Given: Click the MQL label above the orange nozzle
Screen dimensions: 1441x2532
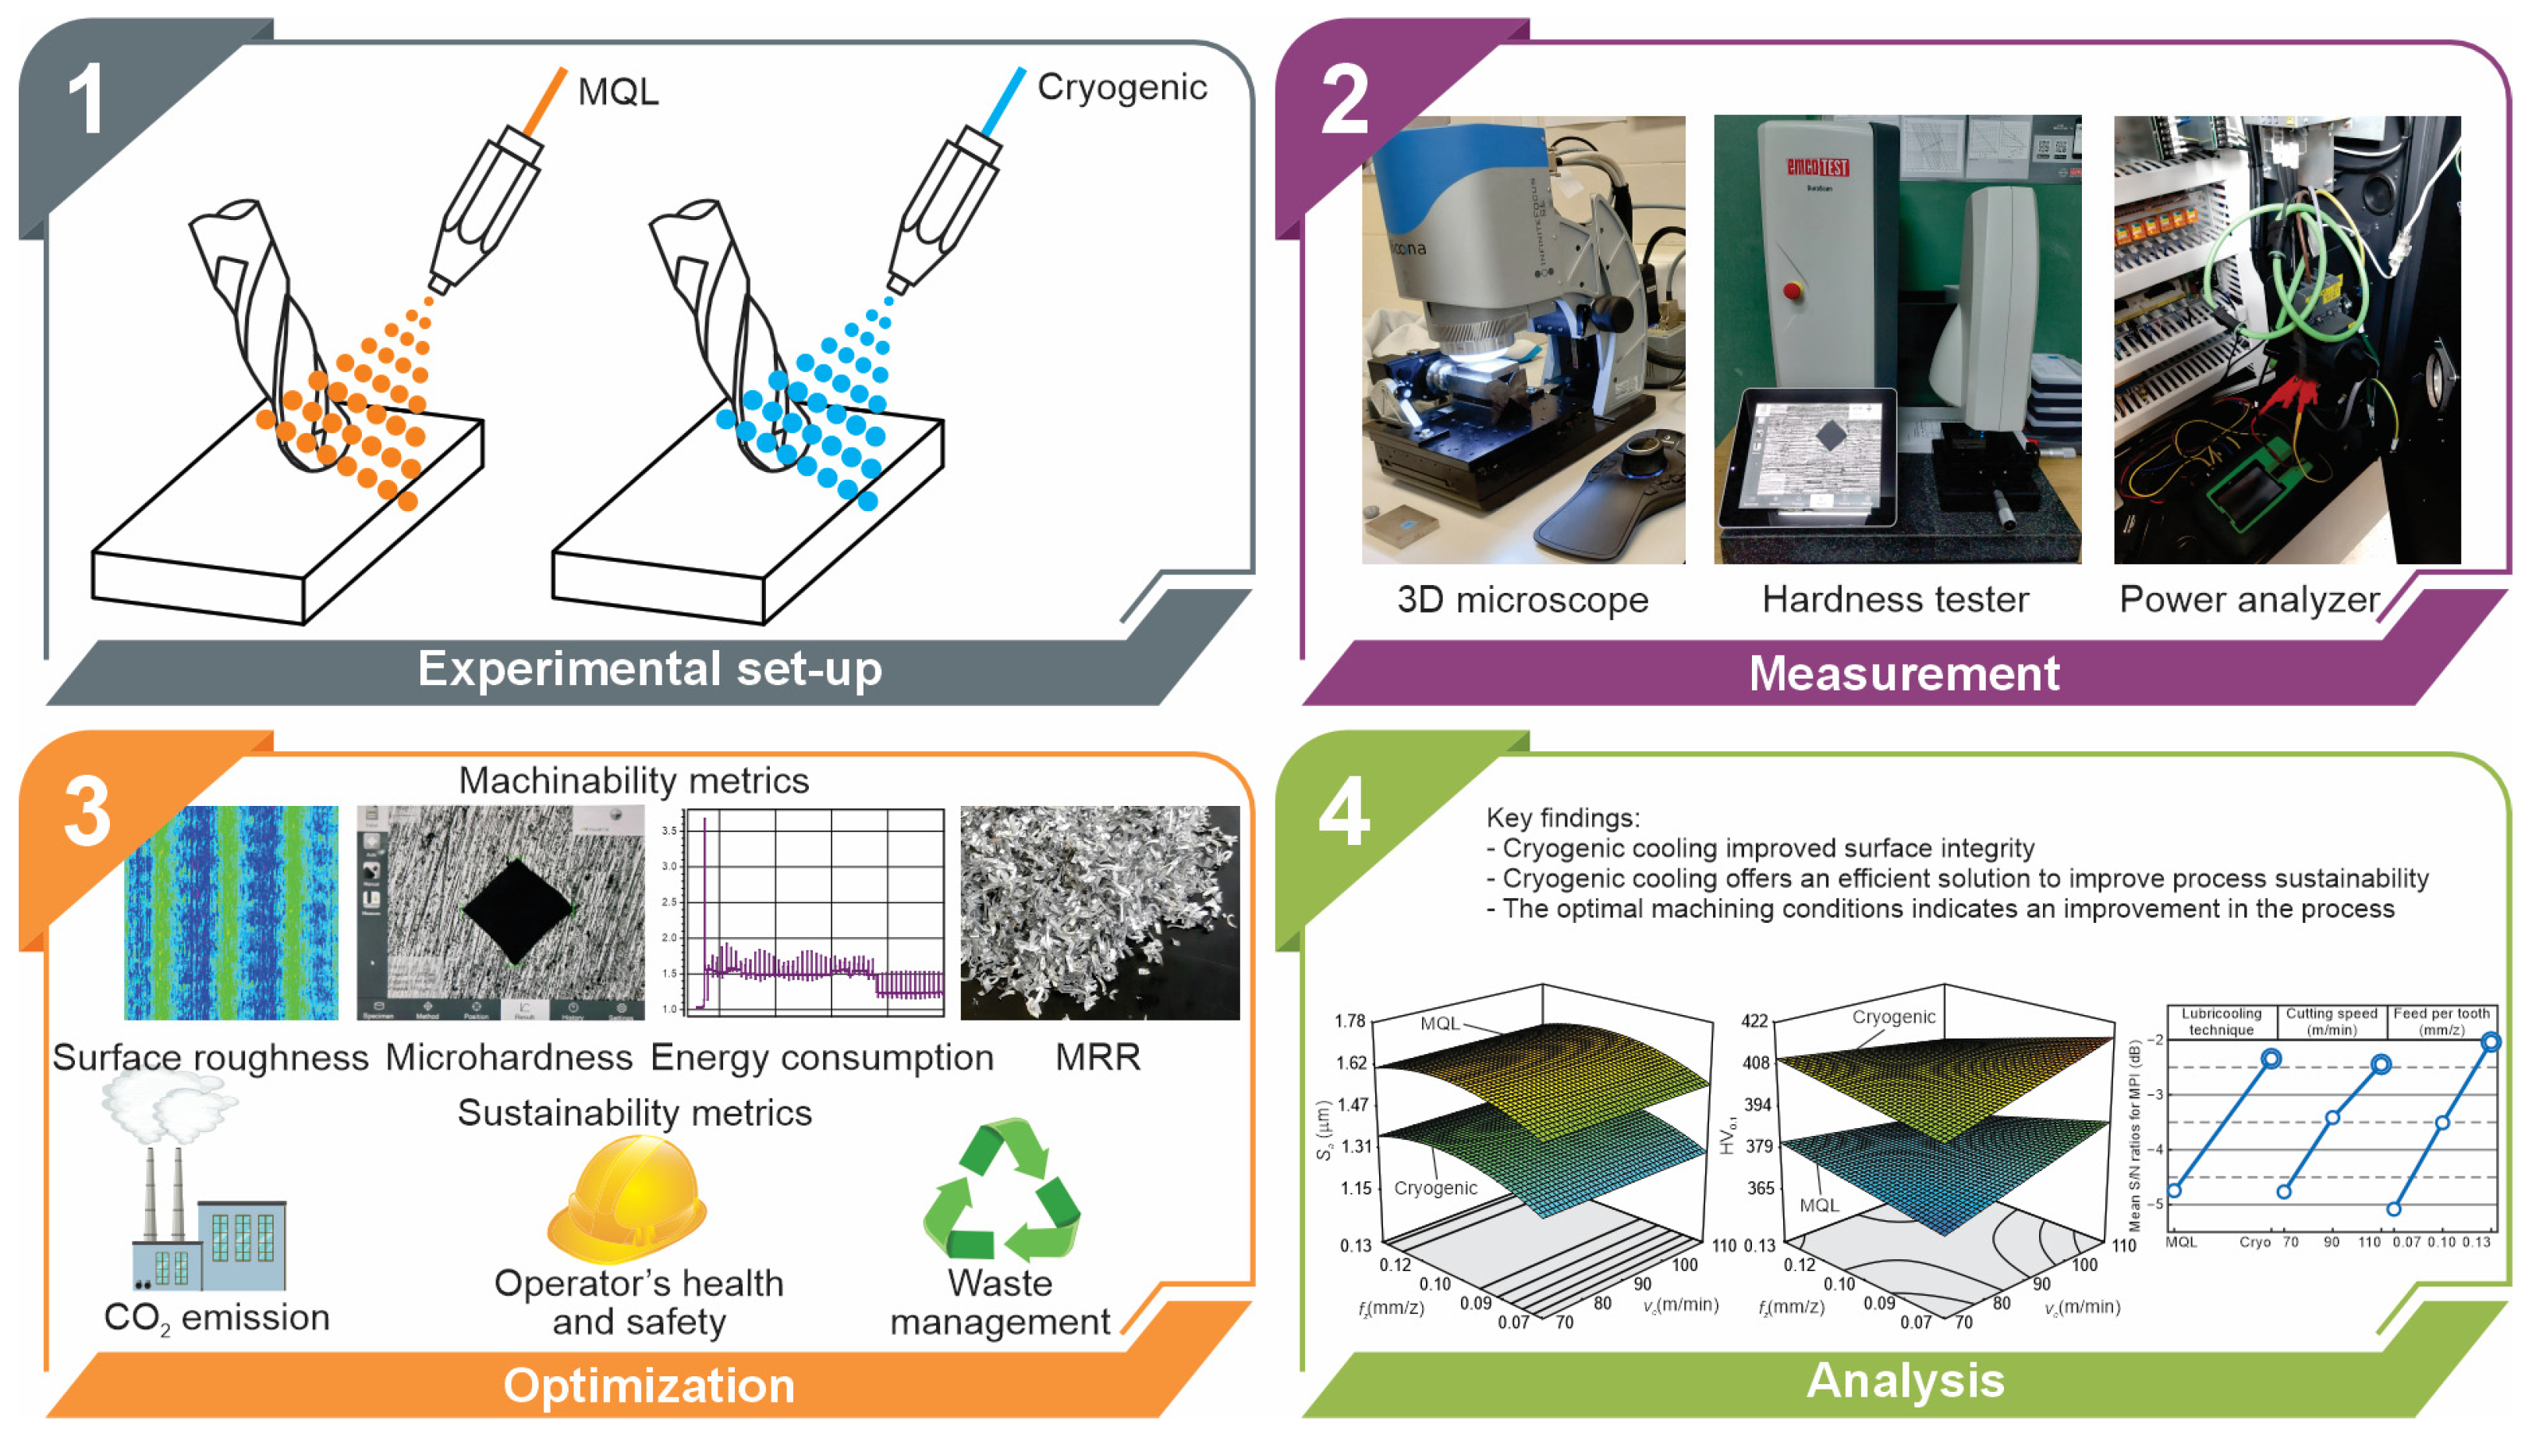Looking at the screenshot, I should [618, 92].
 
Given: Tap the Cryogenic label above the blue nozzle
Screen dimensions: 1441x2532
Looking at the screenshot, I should [1121, 88].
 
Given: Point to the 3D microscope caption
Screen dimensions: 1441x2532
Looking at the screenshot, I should [1522, 600].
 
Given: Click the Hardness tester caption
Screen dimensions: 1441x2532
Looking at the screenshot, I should [1895, 600].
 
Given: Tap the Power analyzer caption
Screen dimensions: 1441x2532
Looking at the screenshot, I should [2248, 600].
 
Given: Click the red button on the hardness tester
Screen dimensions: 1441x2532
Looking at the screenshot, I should [1791, 290].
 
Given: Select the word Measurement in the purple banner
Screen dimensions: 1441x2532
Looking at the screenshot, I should [1904, 674].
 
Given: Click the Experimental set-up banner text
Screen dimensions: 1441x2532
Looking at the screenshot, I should [649, 669].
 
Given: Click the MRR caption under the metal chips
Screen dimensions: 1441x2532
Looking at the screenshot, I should [1098, 1057].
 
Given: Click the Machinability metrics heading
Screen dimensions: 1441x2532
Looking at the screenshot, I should [633, 781].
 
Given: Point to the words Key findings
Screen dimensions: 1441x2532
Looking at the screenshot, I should [1562, 818].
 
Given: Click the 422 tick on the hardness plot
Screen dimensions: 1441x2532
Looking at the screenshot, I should [1754, 1020].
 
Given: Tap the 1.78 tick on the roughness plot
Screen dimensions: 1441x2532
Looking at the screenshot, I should [1349, 1020].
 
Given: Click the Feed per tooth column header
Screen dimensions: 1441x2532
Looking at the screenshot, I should [2440, 1020].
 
